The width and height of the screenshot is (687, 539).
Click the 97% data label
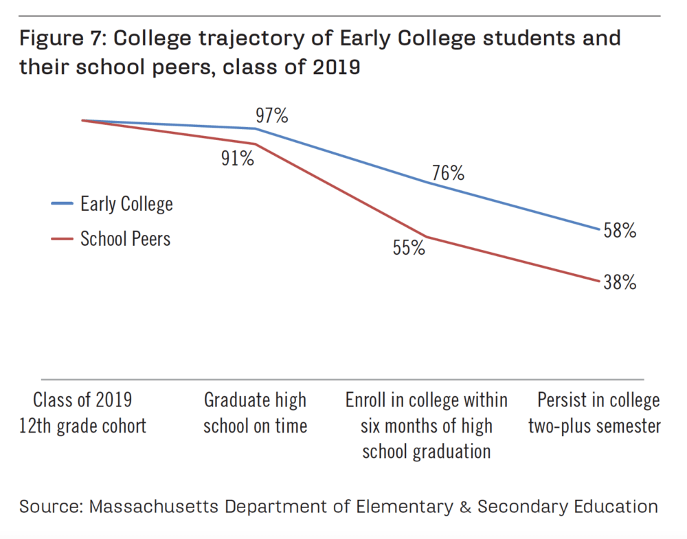(272, 115)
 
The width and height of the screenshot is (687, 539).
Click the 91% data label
(238, 159)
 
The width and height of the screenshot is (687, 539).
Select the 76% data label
(448, 174)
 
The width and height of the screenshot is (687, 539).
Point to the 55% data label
(409, 248)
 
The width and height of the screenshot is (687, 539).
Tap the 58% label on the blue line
(620, 231)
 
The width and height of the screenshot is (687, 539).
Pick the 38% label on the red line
(620, 282)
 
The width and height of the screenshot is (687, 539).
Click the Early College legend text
(126, 204)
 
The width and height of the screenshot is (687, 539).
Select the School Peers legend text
(125, 238)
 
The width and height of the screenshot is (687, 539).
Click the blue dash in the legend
(62, 204)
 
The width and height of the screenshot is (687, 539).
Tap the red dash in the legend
(62, 239)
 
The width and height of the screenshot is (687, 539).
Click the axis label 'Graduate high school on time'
(255, 413)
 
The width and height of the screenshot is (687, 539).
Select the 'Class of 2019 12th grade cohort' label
(82, 413)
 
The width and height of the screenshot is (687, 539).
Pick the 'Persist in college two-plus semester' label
(595, 413)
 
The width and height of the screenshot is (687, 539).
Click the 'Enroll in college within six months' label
(426, 425)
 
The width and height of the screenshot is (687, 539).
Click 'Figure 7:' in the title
(59, 38)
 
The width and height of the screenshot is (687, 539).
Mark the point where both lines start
(82, 120)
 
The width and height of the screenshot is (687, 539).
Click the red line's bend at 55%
(426, 237)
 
